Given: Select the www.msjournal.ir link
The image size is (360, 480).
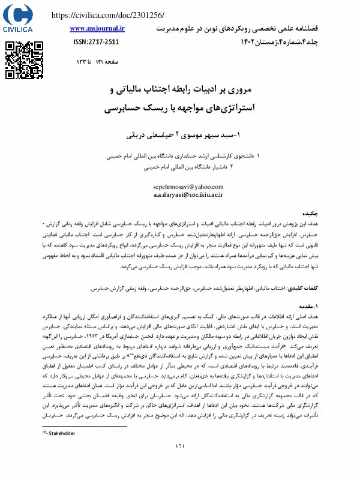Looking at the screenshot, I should tap(97, 28).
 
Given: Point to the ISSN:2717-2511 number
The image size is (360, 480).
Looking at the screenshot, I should tap(97, 42).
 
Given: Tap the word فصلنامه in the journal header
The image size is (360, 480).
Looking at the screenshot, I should tap(335, 28).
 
